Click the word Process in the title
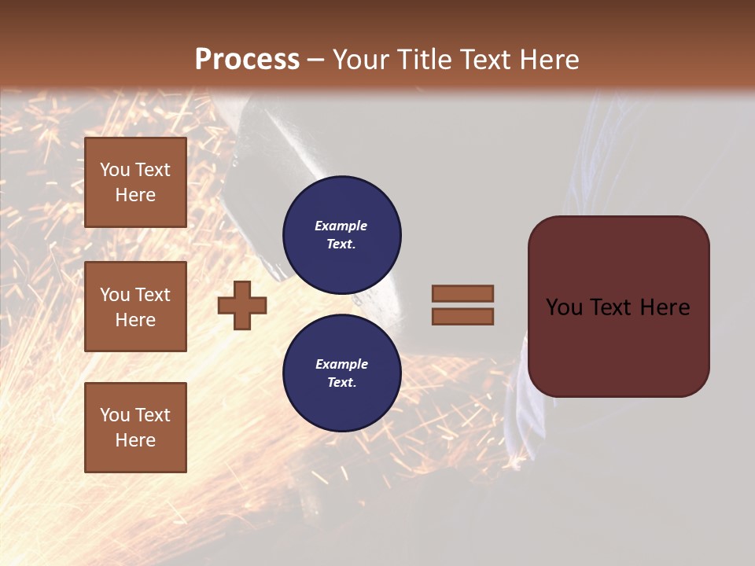247,60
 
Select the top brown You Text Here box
135,182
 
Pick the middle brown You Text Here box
135,307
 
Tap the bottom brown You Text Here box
135,427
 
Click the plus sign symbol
242,305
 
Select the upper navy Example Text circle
341,234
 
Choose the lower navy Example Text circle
341,373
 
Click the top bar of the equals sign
462,293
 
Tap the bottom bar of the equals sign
462,317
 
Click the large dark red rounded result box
618,306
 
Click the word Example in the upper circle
341,226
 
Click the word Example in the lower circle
341,364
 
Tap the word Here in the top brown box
135,195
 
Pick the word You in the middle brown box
114,295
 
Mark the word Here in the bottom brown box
135,440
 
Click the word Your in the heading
359,60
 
